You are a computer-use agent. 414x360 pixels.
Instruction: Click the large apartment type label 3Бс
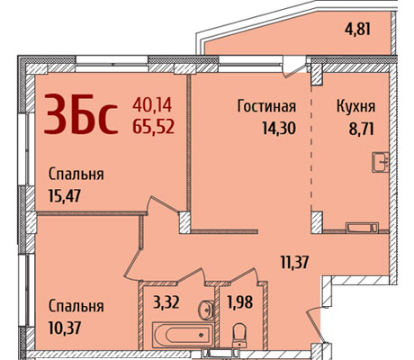click(81, 113)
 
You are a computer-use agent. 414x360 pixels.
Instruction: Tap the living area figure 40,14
click(152, 105)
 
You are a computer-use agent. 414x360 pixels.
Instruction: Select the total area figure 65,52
click(153, 126)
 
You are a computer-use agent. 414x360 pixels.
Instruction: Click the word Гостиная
click(266, 106)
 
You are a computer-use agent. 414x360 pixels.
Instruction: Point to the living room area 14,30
click(279, 128)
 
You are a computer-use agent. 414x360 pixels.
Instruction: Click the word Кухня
click(355, 106)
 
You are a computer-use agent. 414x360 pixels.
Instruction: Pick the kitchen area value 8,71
click(361, 129)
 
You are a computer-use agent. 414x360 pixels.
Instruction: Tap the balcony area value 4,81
click(357, 30)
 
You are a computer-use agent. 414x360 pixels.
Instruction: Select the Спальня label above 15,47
click(76, 174)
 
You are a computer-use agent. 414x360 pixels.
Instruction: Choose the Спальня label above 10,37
click(76, 306)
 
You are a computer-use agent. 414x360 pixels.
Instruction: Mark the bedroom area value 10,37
click(65, 328)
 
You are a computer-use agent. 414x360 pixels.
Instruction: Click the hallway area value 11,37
click(294, 262)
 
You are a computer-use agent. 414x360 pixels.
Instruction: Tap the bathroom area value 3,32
click(166, 302)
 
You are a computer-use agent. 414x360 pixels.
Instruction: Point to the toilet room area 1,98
click(240, 301)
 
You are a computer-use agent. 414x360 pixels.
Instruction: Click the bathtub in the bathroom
click(183, 334)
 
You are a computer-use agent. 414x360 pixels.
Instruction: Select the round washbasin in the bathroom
click(206, 310)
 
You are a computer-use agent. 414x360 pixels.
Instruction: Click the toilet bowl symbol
click(239, 335)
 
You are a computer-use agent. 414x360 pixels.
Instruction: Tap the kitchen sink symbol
click(381, 162)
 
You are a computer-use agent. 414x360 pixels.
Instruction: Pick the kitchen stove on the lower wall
click(362, 228)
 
